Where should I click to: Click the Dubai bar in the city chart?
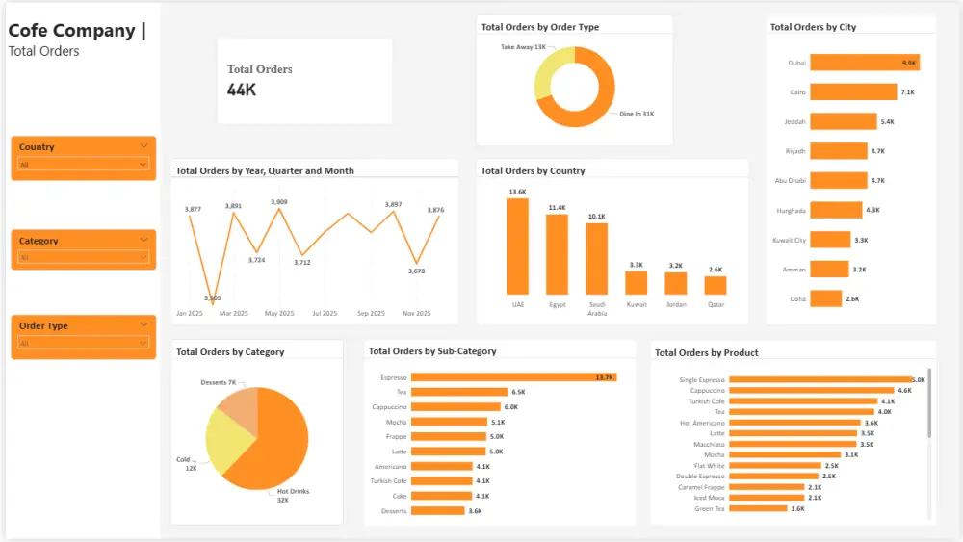[x=864, y=63]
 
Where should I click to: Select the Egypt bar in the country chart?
[x=557, y=254]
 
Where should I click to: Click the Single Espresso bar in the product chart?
[x=820, y=380]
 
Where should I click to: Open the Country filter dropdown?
[x=83, y=165]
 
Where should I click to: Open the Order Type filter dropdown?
[x=83, y=344]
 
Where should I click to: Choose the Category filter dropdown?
[x=83, y=258]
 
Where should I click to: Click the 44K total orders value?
[x=242, y=90]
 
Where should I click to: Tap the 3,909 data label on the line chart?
[x=279, y=202]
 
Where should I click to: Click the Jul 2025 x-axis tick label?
[x=325, y=314]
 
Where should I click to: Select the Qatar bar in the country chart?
[x=715, y=285]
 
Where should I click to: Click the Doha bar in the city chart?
[x=825, y=298]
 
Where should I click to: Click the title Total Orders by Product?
[x=706, y=353]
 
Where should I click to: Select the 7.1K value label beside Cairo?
[x=907, y=92]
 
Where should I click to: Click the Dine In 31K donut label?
[x=637, y=114]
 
